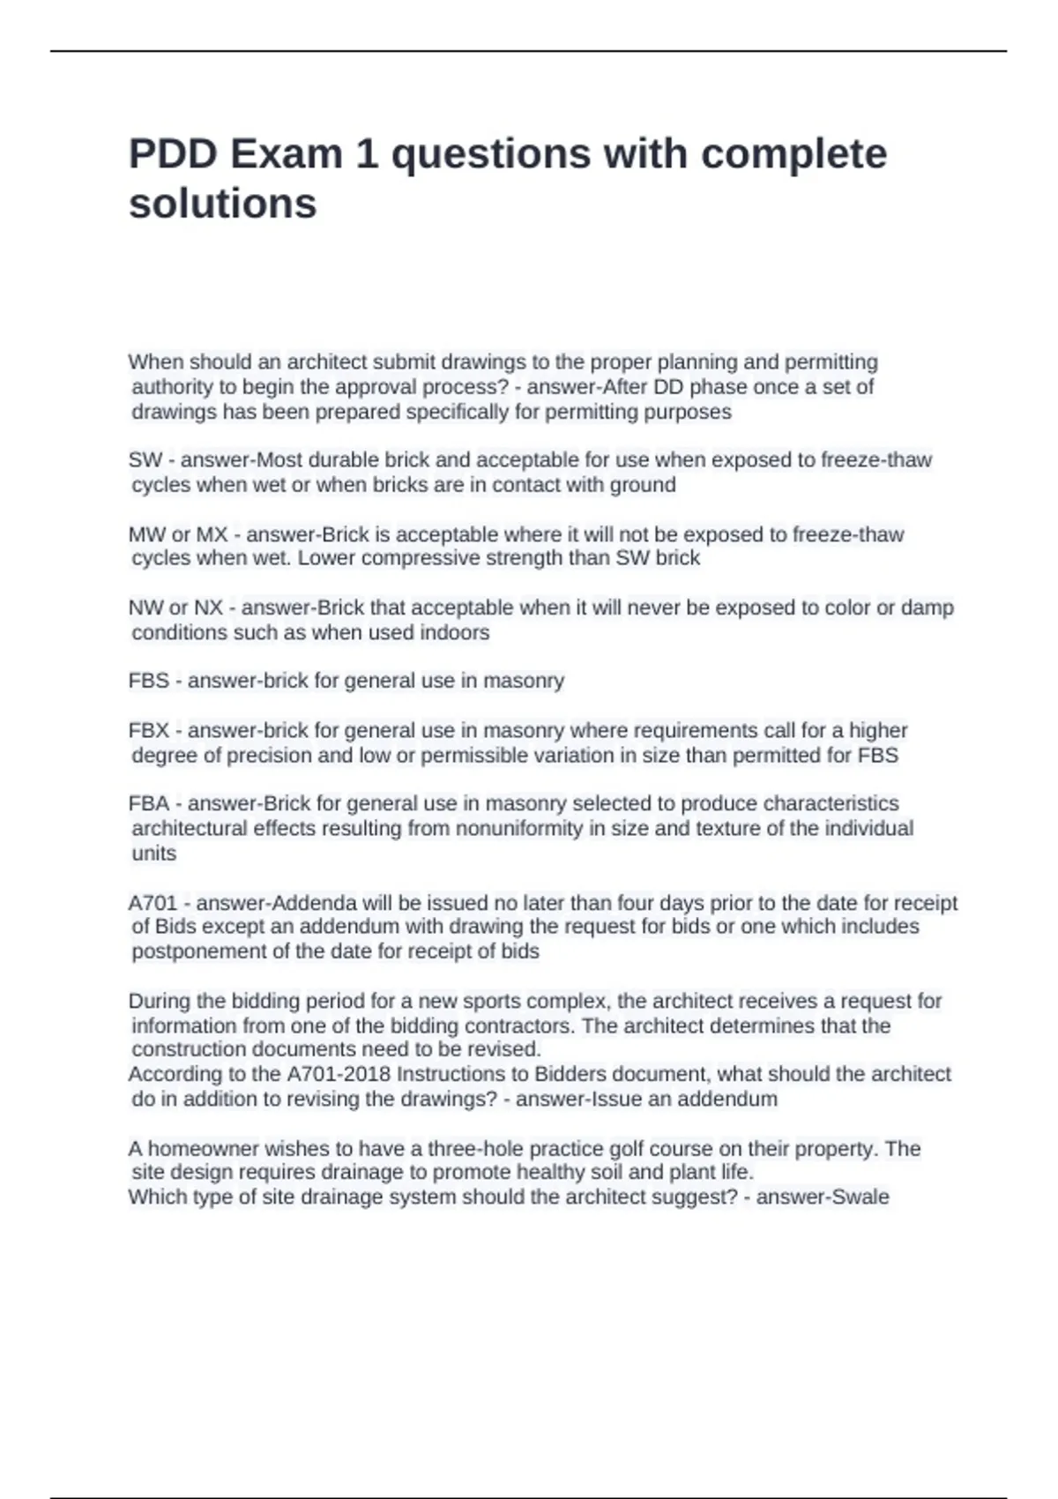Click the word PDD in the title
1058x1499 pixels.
point(173,153)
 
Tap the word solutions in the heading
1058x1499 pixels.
point(222,204)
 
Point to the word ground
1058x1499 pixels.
point(647,485)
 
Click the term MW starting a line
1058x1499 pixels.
point(146,534)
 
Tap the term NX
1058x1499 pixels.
point(208,608)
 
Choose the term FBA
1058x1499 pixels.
point(148,803)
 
